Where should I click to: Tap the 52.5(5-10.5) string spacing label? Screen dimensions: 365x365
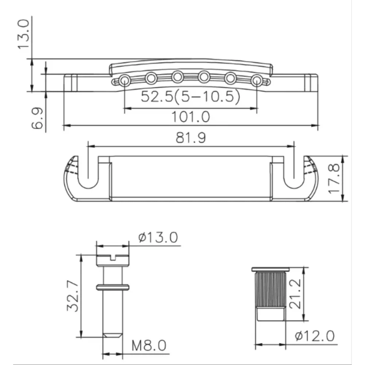[x=190, y=97]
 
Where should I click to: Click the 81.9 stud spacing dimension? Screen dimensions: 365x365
[x=191, y=138]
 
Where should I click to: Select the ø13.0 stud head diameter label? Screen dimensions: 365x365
[x=158, y=238]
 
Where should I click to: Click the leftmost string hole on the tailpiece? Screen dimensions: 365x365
[x=124, y=79]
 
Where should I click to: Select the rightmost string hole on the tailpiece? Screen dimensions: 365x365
[x=257, y=79]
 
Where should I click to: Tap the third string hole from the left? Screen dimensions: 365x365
[x=178, y=77]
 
